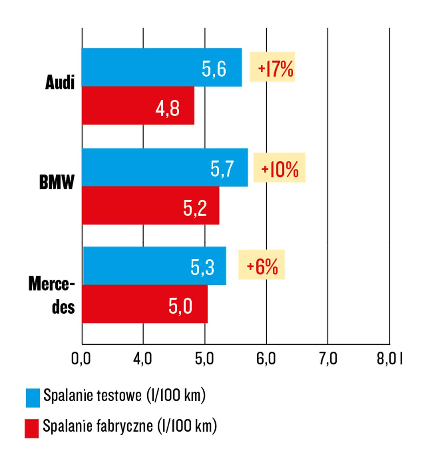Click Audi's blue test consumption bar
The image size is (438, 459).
click(162, 67)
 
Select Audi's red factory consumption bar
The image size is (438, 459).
click(138, 106)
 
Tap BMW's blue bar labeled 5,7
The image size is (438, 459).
click(165, 167)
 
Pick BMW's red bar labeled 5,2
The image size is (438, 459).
click(150, 205)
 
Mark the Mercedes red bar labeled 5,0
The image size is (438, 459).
click(144, 304)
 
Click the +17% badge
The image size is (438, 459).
click(272, 67)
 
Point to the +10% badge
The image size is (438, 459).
click(279, 168)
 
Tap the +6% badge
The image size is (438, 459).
click(261, 264)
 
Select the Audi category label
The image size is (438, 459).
click(60, 82)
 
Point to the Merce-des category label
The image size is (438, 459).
click(52, 295)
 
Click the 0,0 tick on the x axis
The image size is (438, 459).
click(81, 359)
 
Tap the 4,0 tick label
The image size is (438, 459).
click(142, 359)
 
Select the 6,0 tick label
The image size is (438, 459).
click(266, 359)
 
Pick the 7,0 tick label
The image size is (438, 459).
click(328, 359)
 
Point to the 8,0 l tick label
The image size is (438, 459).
click(390, 359)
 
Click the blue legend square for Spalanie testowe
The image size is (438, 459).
click(33, 398)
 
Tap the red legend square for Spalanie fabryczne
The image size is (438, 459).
click(32, 428)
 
